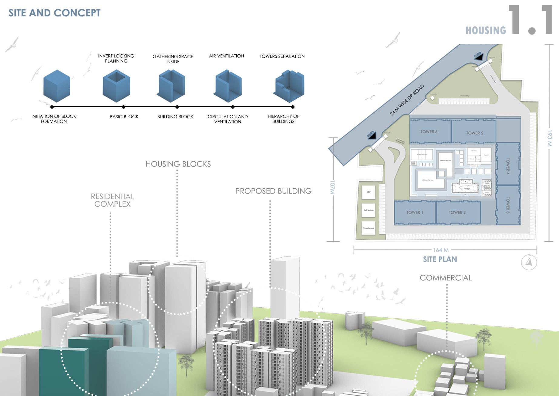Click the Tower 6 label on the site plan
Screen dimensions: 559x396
click(429, 132)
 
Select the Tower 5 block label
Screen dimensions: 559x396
click(474, 133)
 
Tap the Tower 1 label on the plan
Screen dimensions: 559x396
click(414, 212)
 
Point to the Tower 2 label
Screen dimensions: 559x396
click(457, 212)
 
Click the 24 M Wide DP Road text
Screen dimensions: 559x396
click(407, 100)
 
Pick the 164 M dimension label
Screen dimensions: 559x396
click(441, 250)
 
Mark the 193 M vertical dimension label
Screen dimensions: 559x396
click(549, 138)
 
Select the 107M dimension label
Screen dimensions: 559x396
click(333, 188)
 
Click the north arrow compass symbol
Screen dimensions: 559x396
click(529, 262)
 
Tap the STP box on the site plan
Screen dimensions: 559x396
click(368, 192)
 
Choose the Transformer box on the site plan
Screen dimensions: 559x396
click(368, 228)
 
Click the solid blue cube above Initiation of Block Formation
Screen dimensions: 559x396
click(57, 86)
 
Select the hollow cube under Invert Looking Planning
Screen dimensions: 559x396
click(116, 86)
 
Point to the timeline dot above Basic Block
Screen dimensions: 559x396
click(123, 107)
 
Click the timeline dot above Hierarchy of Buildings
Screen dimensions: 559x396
click(293, 107)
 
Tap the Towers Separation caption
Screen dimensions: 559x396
click(282, 56)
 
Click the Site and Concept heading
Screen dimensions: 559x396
click(55, 13)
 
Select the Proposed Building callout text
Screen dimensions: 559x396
click(273, 191)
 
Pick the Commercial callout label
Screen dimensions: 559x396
click(446, 278)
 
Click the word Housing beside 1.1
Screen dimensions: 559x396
click(486, 30)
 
